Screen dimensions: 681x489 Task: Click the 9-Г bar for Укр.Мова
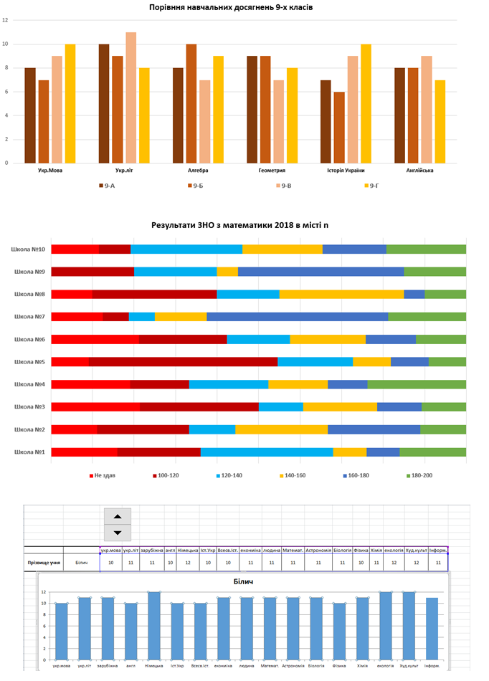[x=70, y=103]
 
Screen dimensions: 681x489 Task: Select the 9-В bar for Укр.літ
[x=131, y=97]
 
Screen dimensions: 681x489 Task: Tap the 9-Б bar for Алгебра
[x=191, y=103]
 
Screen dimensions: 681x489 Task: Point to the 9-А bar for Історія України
[x=326, y=121]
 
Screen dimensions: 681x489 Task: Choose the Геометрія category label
[x=272, y=171]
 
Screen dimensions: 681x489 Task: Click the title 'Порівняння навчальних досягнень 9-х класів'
[x=231, y=7]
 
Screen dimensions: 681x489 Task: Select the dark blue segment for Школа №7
[x=297, y=316]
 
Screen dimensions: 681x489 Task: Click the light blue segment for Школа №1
[x=267, y=452]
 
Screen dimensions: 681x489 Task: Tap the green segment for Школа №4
[x=417, y=384]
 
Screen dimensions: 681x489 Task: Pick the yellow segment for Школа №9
[x=227, y=272]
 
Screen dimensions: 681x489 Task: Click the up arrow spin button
[x=118, y=515]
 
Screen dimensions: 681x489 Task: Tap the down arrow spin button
[x=118, y=532]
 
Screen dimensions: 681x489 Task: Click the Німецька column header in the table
[x=188, y=551]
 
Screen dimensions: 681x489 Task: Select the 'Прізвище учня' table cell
[x=43, y=563]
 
